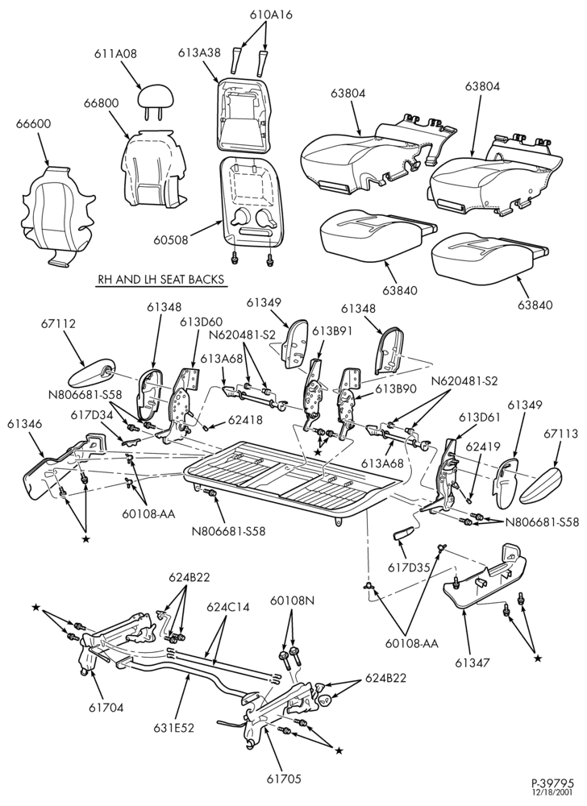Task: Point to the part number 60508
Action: coord(171,239)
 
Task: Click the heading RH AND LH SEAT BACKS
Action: coord(161,280)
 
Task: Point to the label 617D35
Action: coord(409,568)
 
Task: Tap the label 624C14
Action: coord(228,607)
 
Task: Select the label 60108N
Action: coord(292,600)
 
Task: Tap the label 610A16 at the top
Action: coord(272,15)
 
